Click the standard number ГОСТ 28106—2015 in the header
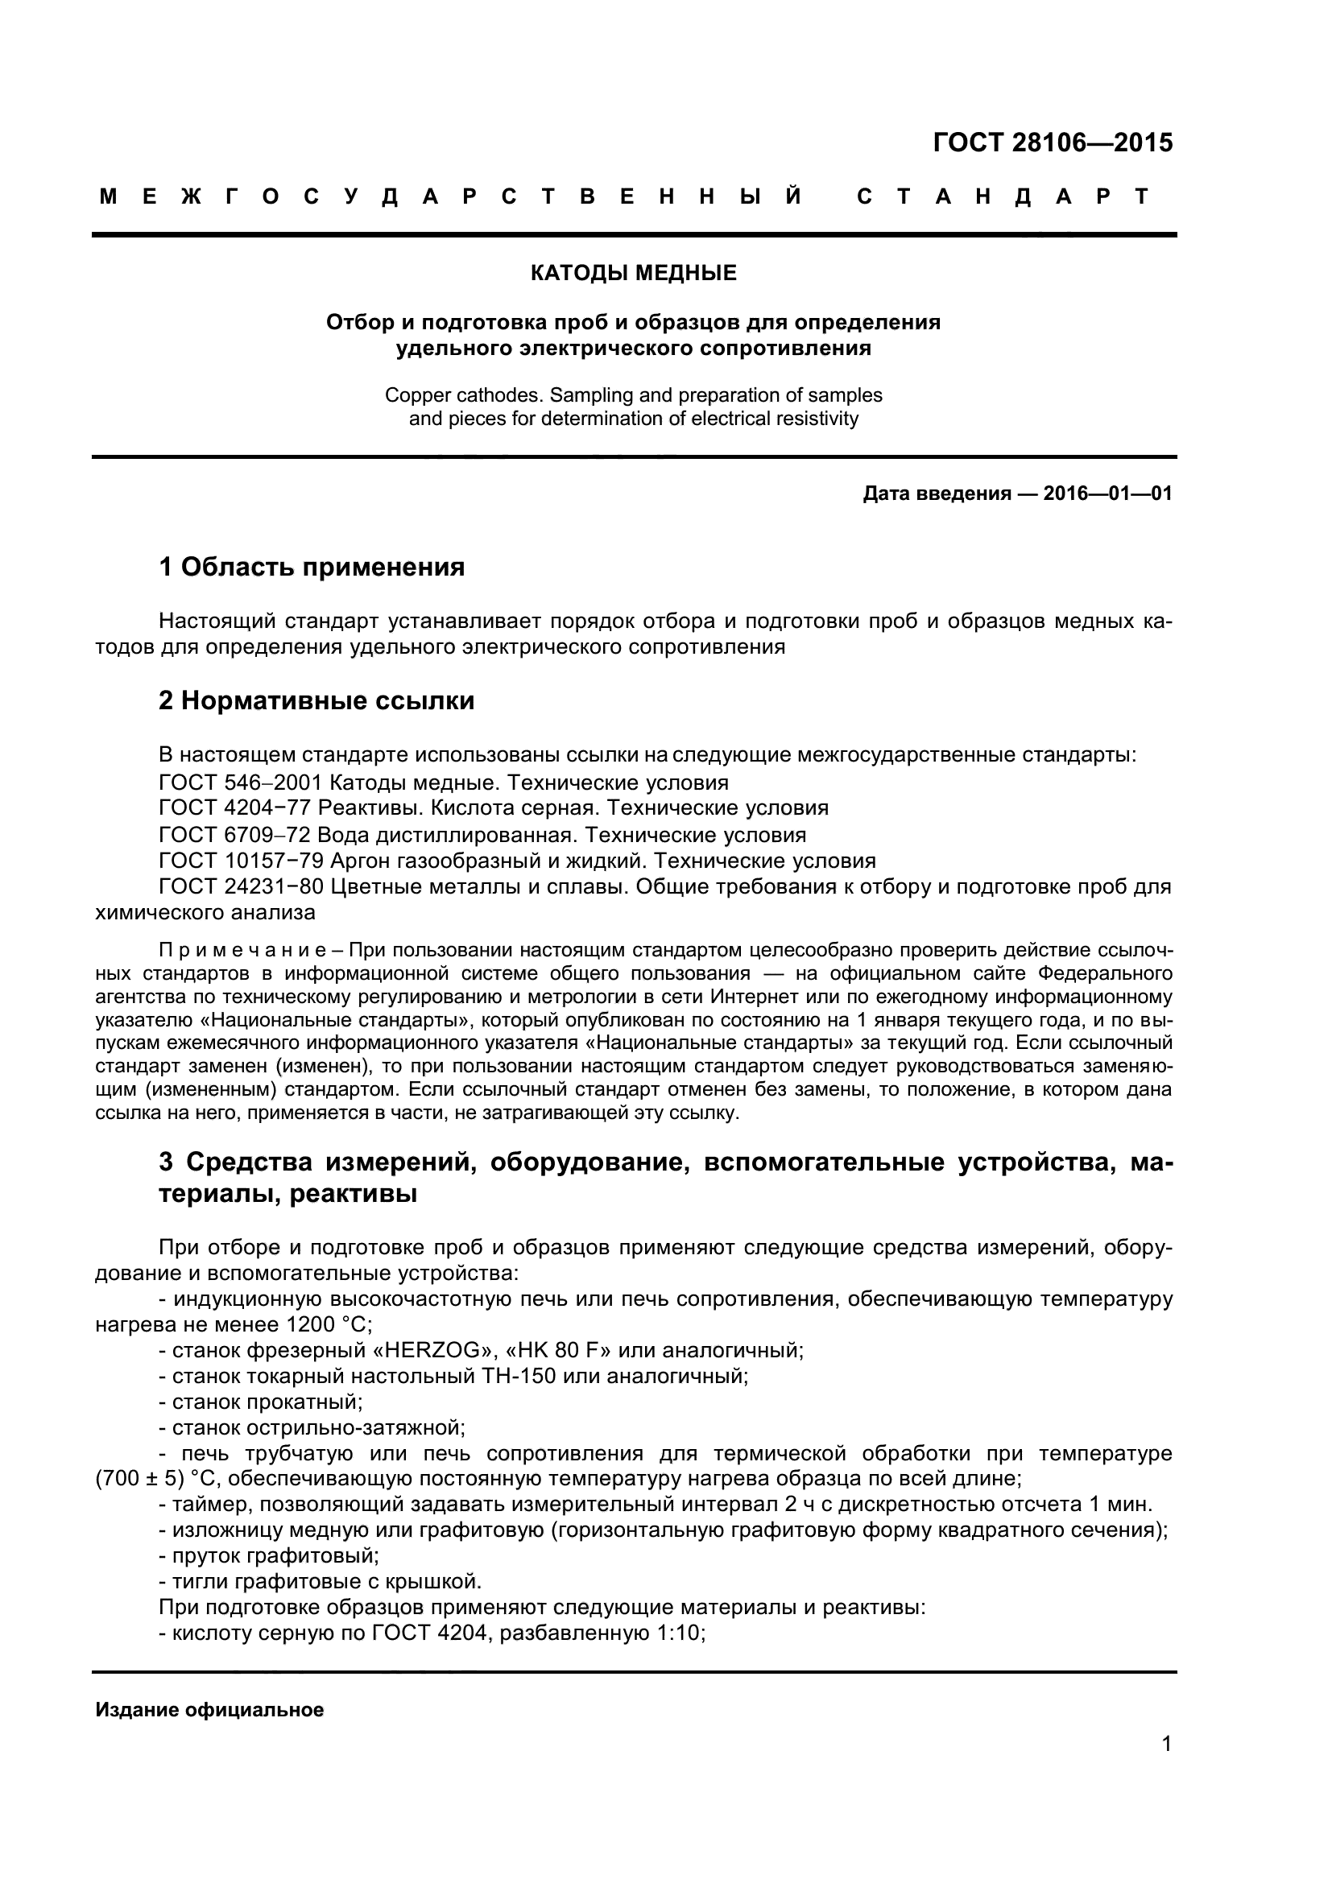pyautogui.click(x=1053, y=142)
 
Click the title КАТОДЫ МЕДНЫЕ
pyautogui.click(x=633, y=273)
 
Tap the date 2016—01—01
pyautogui.click(x=1107, y=493)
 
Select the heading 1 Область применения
pyautogui.click(x=312, y=567)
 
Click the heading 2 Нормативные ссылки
pyautogui.click(x=316, y=701)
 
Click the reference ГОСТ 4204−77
pyautogui.click(x=234, y=808)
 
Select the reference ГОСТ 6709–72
pyautogui.click(x=234, y=836)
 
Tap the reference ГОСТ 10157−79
pyautogui.click(x=242, y=861)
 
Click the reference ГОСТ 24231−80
pyautogui.click(x=242, y=887)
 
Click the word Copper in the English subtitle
pyautogui.click(x=415, y=395)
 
